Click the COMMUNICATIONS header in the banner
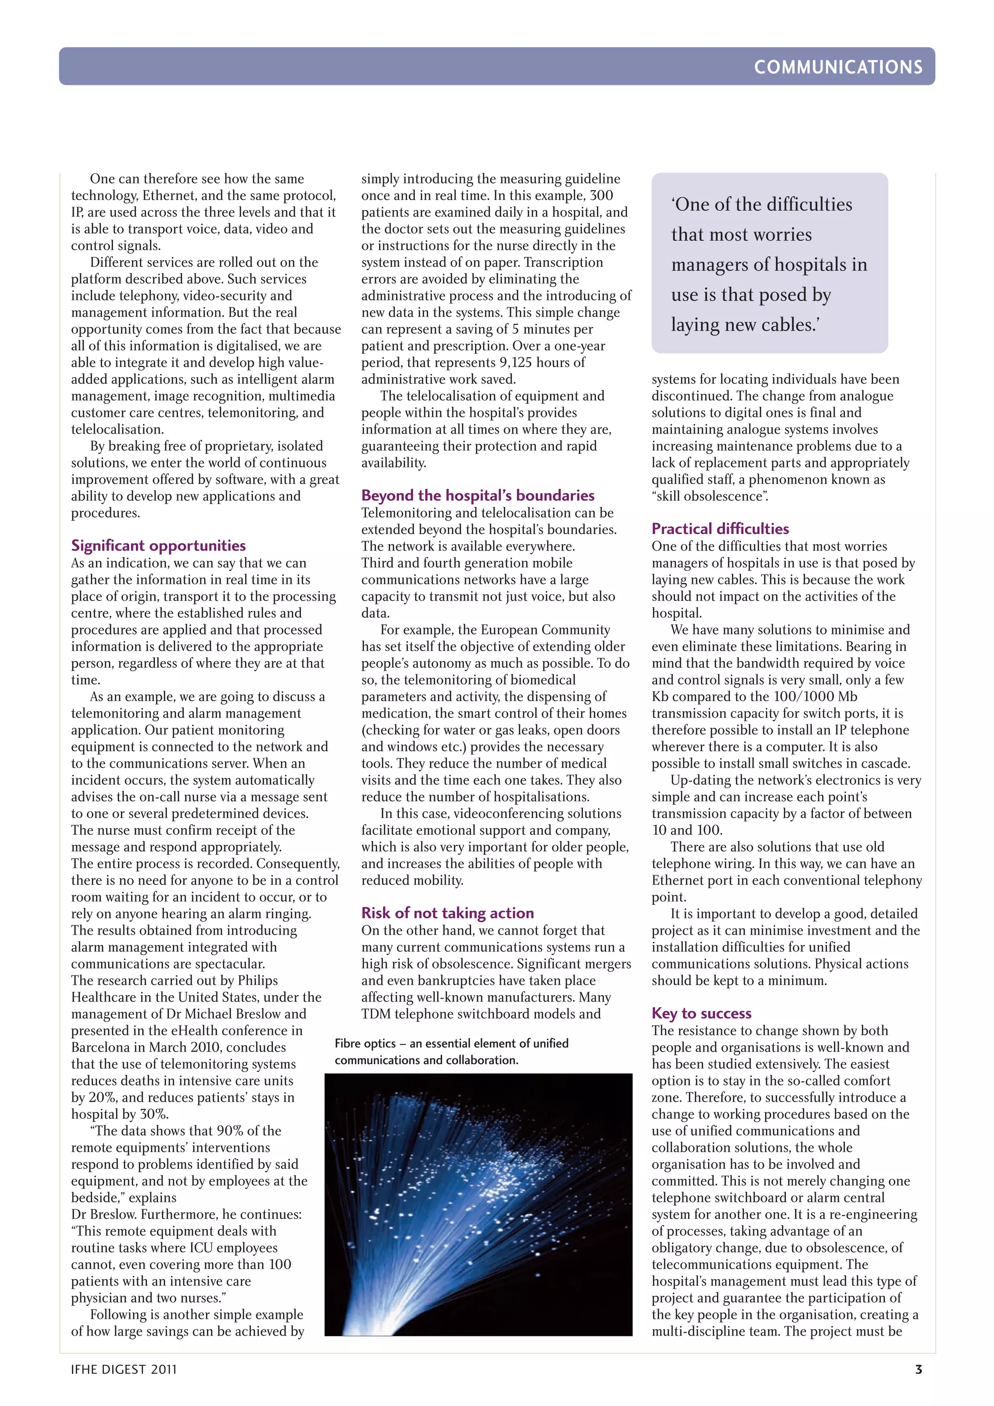coord(837,67)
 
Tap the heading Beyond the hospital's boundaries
coord(478,495)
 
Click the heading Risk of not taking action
coord(447,913)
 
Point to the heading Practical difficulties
coord(720,529)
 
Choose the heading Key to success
coord(701,1013)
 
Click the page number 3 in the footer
coord(918,1369)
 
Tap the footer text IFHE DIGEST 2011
coord(124,1369)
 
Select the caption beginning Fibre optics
coord(451,1052)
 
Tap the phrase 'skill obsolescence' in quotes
coord(710,496)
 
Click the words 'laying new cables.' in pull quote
coord(745,325)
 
